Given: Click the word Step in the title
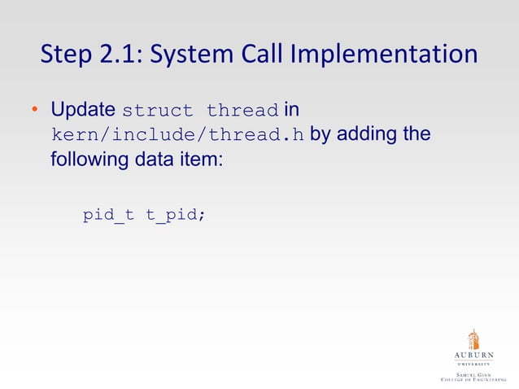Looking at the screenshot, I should pyautogui.click(x=68, y=55).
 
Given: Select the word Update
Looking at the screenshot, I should pyautogui.click(x=83, y=109).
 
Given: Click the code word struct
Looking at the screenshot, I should pyautogui.click(x=159, y=110).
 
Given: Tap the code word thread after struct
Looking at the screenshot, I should pyautogui.click(x=243, y=110).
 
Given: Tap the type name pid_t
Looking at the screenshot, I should pyautogui.click(x=108, y=216).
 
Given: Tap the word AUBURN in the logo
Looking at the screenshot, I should pyautogui.click(x=473, y=356).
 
